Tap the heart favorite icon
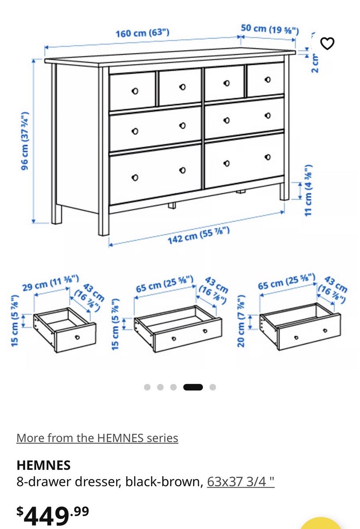click(327, 44)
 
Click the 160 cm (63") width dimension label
click(142, 33)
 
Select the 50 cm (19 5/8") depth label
click(270, 29)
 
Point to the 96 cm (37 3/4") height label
click(25, 141)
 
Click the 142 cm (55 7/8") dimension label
click(199, 235)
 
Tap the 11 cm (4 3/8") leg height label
click(308, 190)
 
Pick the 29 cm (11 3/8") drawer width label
click(51, 283)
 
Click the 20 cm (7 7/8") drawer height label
click(240, 320)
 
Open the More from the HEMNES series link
click(97, 438)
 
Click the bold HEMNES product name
click(44, 465)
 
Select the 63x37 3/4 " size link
click(240, 481)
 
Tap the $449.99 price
click(52, 518)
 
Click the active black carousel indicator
click(193, 387)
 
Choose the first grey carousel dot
click(147, 387)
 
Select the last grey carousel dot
click(213, 387)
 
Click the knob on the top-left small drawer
click(135, 91)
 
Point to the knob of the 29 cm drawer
click(77, 337)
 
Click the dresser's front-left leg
click(104, 151)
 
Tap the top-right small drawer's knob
click(268, 80)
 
